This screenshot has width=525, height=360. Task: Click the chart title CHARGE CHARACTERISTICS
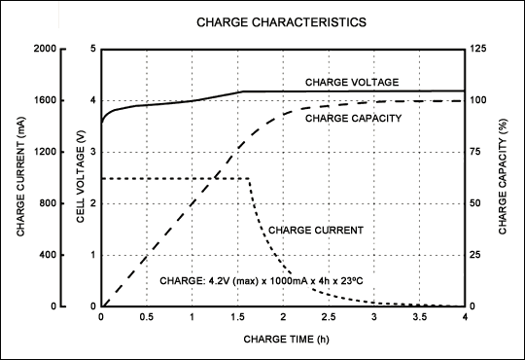262,20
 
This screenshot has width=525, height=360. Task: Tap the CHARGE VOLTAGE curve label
352,82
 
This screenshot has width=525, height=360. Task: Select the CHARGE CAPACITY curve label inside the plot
354,119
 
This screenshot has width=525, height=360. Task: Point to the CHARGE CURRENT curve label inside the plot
316,231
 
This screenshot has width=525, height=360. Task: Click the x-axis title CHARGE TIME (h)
283,341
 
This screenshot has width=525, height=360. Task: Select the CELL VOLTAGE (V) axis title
83,176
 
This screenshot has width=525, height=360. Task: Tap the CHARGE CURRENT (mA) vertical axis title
20,176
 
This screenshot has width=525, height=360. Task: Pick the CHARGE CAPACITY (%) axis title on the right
503,176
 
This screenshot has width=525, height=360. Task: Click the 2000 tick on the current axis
46,49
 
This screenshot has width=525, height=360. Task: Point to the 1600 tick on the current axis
46,100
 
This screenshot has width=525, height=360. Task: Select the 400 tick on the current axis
49,255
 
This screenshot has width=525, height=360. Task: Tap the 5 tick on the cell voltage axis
91,49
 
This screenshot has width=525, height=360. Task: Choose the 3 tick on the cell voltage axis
91,152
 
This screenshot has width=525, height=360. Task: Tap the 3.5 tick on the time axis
420,317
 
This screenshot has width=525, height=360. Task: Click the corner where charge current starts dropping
249,178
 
